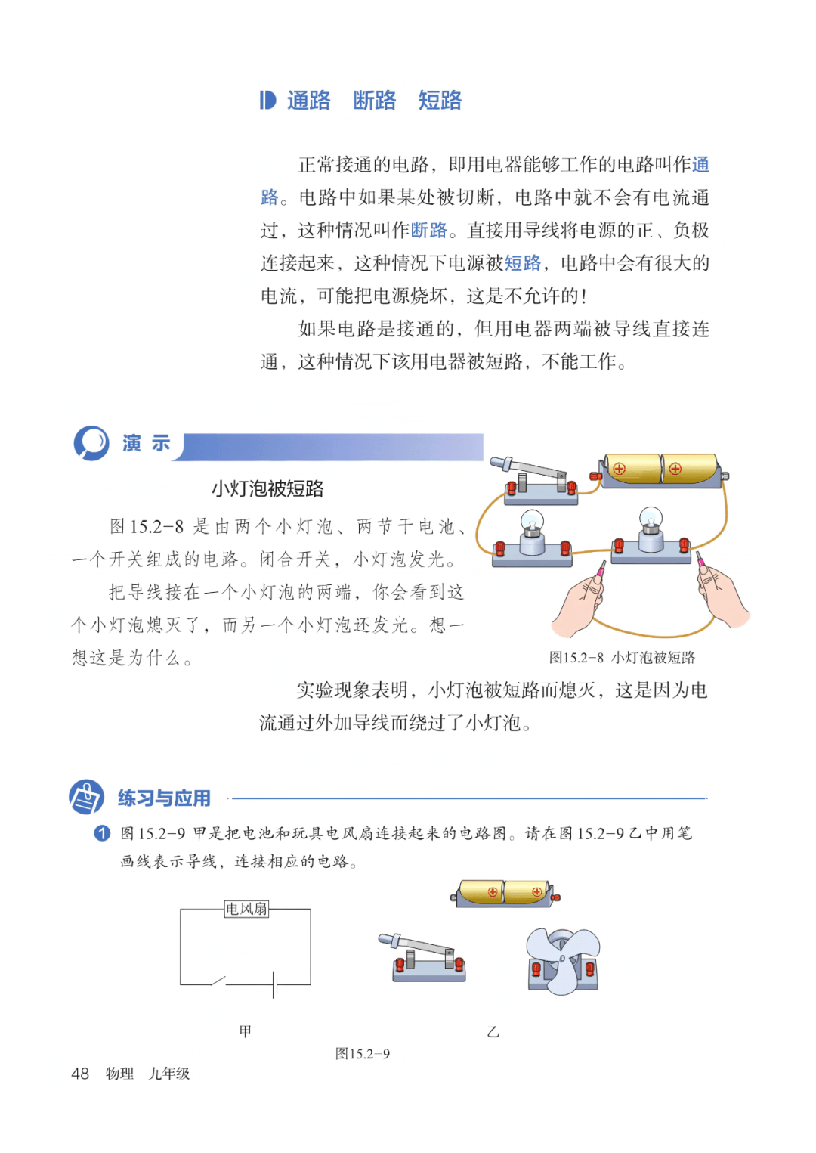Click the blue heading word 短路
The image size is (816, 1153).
point(440,100)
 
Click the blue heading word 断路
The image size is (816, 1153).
point(374,100)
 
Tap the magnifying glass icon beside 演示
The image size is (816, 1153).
point(91,442)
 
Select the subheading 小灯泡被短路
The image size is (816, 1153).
point(267,488)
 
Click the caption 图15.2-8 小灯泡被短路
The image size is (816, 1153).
point(622,657)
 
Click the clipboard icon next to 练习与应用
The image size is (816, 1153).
point(86,797)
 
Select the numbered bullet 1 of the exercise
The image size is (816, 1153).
point(102,833)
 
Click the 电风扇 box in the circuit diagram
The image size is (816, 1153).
point(246,909)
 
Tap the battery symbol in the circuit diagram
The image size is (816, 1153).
point(275,985)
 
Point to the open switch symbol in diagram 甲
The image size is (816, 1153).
point(218,981)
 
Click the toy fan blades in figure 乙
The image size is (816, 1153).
point(564,960)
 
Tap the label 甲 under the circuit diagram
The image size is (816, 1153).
point(246,1031)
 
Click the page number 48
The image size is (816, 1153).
point(80,1074)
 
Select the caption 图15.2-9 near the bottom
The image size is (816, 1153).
point(362,1054)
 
